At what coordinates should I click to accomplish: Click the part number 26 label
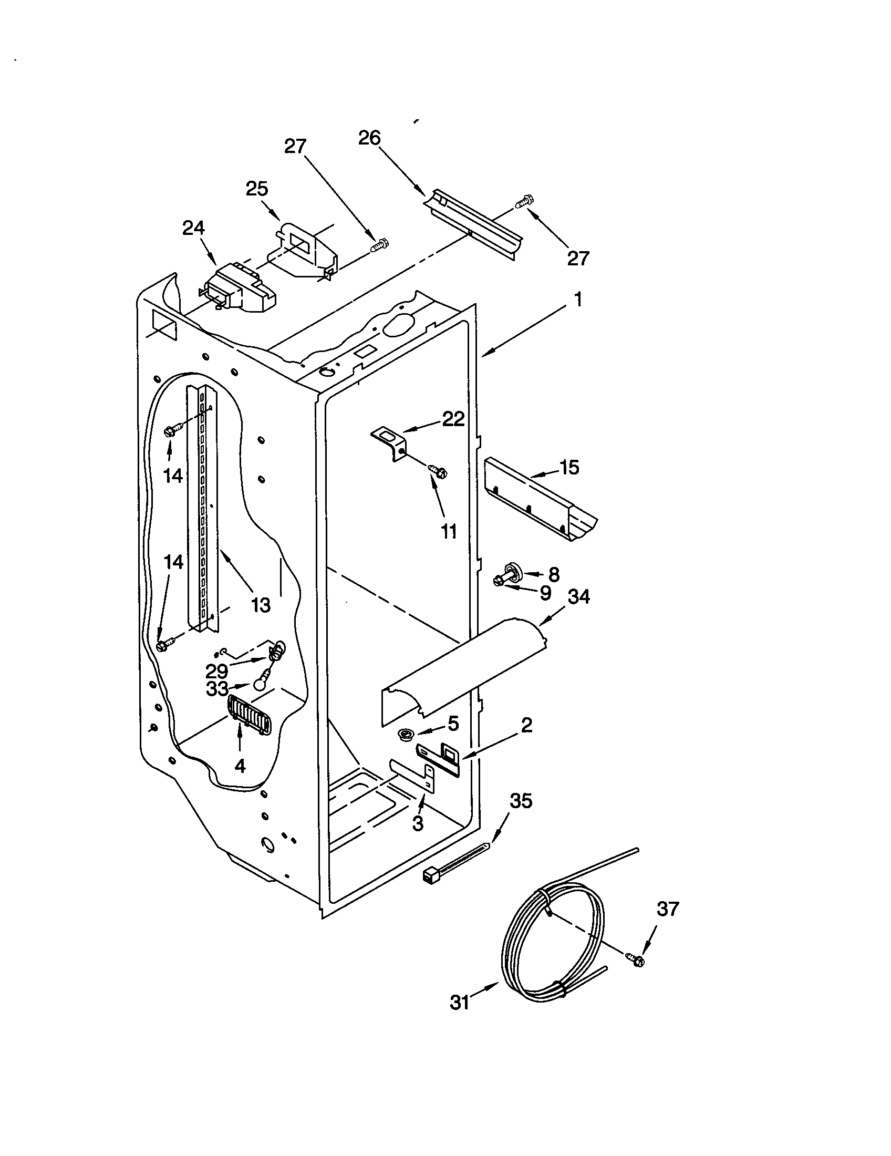tap(369, 138)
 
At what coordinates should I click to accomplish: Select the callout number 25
tap(257, 189)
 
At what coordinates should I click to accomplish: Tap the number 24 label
tap(194, 228)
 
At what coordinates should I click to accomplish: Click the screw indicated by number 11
tap(438, 470)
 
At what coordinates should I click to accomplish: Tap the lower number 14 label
tap(173, 562)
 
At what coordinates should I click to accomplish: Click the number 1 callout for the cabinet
tap(578, 300)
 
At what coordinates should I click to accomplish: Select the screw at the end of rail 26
tap(524, 201)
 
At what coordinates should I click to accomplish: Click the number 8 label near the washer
tap(553, 574)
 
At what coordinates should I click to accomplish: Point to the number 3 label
tap(418, 823)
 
